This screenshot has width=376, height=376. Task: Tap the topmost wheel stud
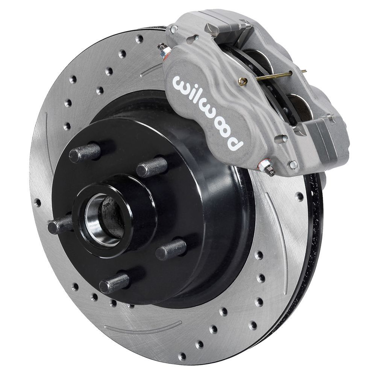[x=86, y=152]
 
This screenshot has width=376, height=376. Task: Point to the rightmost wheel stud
[x=171, y=249]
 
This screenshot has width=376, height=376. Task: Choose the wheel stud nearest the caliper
[x=152, y=167]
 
